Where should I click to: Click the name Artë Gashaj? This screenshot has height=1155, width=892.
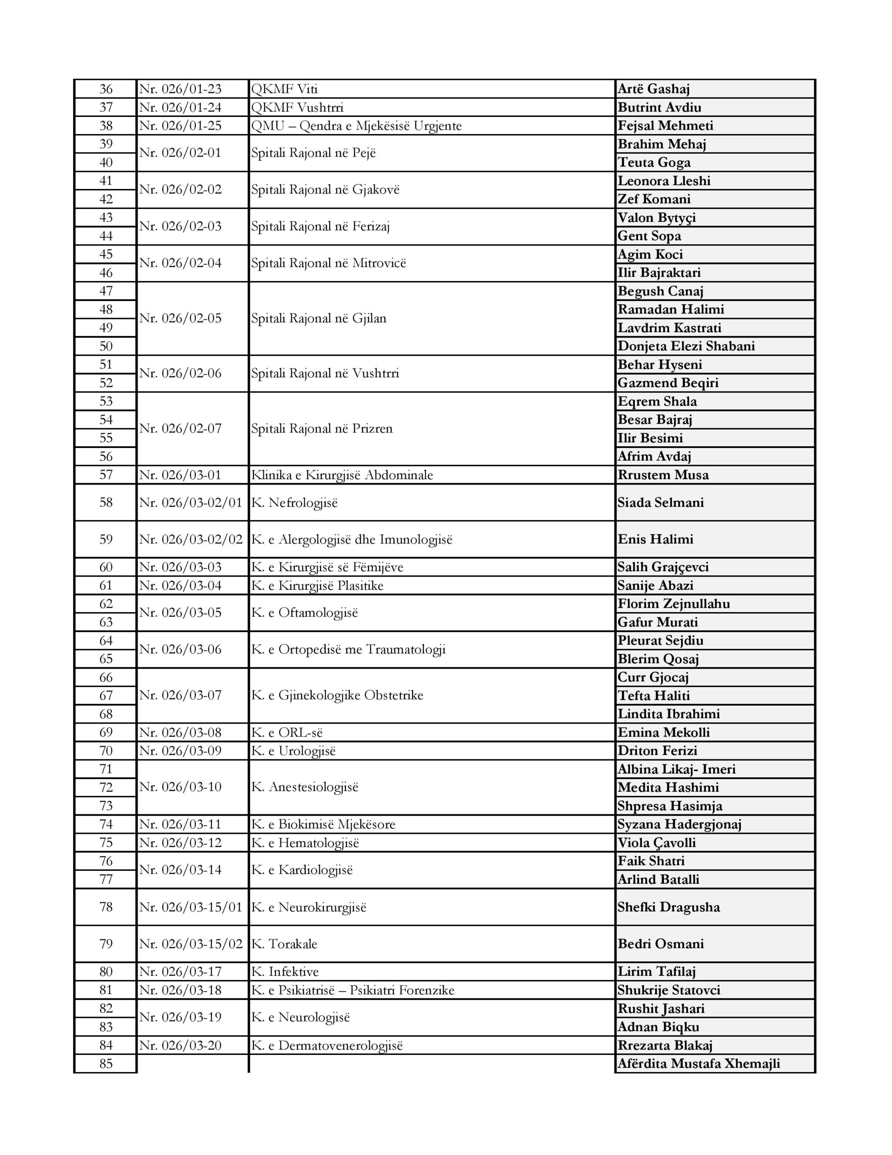(x=653, y=89)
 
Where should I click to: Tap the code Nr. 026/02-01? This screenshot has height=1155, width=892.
(x=180, y=153)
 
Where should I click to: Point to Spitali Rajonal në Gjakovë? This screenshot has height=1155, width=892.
(x=325, y=190)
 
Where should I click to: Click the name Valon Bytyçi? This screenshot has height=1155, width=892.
(x=657, y=217)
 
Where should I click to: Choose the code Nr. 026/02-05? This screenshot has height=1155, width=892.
(x=180, y=319)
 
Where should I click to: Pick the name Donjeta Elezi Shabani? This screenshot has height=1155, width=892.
(x=686, y=346)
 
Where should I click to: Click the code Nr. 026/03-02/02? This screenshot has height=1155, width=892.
(x=191, y=540)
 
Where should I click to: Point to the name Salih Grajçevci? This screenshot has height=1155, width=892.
(x=663, y=567)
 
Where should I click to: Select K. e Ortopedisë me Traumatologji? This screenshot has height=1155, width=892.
(x=349, y=649)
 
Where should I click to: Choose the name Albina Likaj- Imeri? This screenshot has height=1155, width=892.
(x=676, y=769)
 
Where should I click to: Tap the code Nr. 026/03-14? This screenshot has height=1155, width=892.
(x=180, y=870)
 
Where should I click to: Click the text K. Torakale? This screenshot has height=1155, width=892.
(x=284, y=944)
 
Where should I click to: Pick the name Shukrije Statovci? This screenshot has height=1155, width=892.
(x=669, y=990)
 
